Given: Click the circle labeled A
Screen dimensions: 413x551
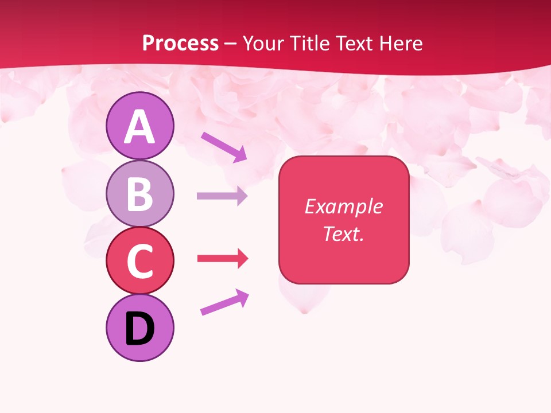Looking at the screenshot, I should click(139, 126).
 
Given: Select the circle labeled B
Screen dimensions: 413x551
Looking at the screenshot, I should click(139, 194).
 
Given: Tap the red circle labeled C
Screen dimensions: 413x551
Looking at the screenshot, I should click(139, 261).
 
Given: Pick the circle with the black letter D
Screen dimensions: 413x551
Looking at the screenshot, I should click(139, 328).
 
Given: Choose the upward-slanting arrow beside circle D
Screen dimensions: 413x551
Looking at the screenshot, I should click(224, 302).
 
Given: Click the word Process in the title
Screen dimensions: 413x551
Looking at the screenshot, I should click(180, 43).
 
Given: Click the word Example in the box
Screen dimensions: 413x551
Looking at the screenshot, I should click(343, 206).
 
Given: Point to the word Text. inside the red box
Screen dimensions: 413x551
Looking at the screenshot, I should click(343, 233).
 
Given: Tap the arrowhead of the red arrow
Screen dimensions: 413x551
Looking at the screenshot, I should click(242, 259).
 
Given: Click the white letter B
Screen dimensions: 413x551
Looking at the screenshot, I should click(139, 194).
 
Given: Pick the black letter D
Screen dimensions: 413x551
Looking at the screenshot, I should click(139, 329).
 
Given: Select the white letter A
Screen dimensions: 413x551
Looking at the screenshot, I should click(139, 127).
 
